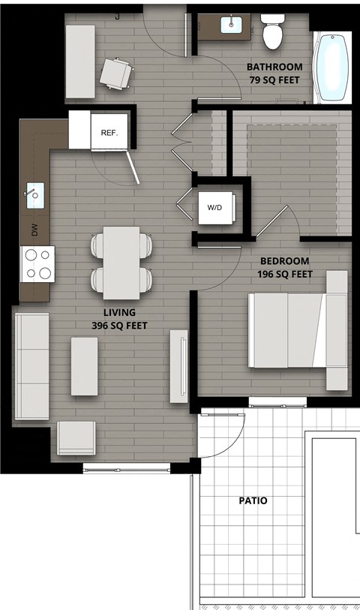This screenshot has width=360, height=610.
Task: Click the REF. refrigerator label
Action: [110, 132]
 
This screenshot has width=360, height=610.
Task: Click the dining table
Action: [121, 263]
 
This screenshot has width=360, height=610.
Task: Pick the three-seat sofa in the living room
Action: [31, 366]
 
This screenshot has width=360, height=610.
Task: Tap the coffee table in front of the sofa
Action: [84, 366]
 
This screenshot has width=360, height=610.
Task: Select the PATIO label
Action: [252, 500]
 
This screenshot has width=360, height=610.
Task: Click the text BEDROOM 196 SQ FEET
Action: [285, 268]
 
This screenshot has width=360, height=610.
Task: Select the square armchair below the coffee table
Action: [76, 437]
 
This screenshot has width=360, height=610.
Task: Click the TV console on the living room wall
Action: [178, 365]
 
